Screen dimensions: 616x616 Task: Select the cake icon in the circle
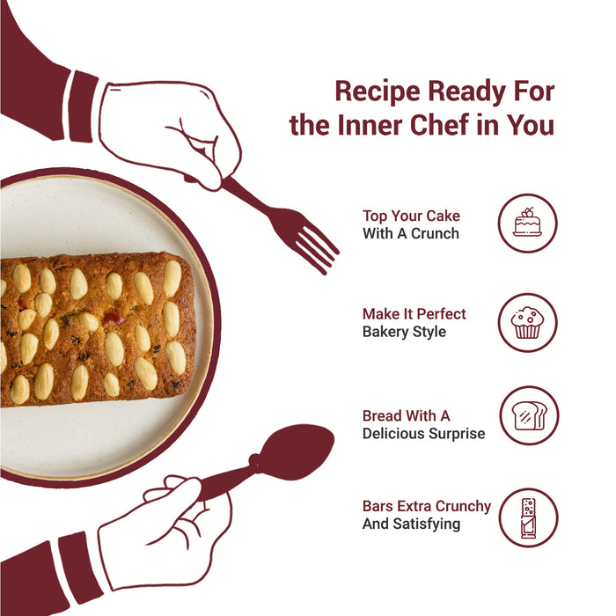pos(528,223)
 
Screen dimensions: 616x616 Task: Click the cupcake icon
pos(528,323)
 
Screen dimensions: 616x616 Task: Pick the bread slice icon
pos(529,415)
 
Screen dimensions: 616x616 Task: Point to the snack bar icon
pos(528,517)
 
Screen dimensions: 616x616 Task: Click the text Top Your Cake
pos(411,216)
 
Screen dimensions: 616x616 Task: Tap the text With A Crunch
pos(411,233)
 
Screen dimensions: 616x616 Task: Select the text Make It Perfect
pos(414,314)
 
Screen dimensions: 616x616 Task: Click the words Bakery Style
pos(404,332)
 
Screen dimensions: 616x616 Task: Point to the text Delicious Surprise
pos(423,434)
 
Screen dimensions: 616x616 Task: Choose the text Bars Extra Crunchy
pos(426,506)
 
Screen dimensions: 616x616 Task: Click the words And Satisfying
pos(411,524)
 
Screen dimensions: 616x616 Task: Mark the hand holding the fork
pos(169,134)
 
